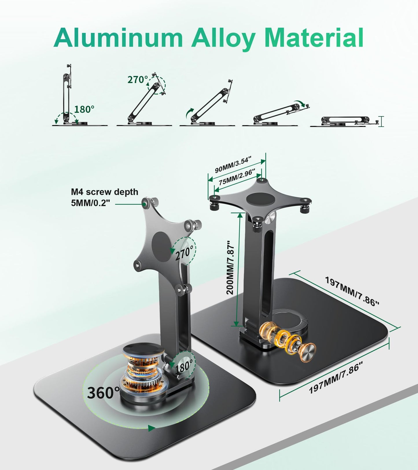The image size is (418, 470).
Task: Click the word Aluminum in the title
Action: tap(118, 38)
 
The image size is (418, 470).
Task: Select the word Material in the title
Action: tap(314, 38)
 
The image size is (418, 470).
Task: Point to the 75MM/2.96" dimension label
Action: tap(237, 177)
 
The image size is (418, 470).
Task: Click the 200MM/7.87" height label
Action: tap(230, 267)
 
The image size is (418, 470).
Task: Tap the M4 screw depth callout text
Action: tap(104, 197)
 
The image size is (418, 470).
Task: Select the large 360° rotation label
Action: tap(103, 393)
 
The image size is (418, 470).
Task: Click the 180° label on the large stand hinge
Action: tap(184, 367)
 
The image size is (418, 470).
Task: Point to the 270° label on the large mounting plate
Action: tap(184, 253)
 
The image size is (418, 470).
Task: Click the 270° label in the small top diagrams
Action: tap(138, 79)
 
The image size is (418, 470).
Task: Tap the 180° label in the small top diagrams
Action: tap(84, 109)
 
